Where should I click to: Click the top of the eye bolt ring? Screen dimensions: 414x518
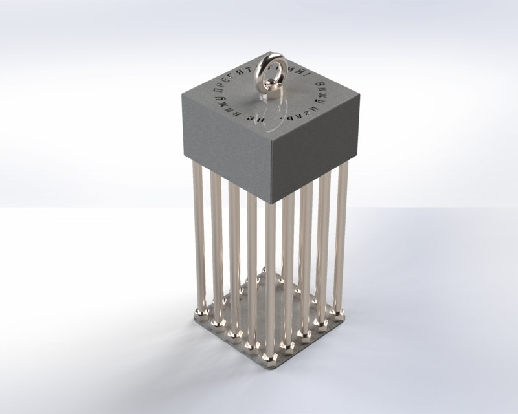pyautogui.click(x=271, y=56)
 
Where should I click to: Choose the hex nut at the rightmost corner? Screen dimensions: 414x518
pyautogui.click(x=337, y=314)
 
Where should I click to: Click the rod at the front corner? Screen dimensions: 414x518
pyautogui.click(x=270, y=278)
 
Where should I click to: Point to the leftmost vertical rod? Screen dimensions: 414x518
pyautogui.click(x=199, y=239)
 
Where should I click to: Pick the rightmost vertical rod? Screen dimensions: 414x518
pyautogui.click(x=341, y=239)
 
